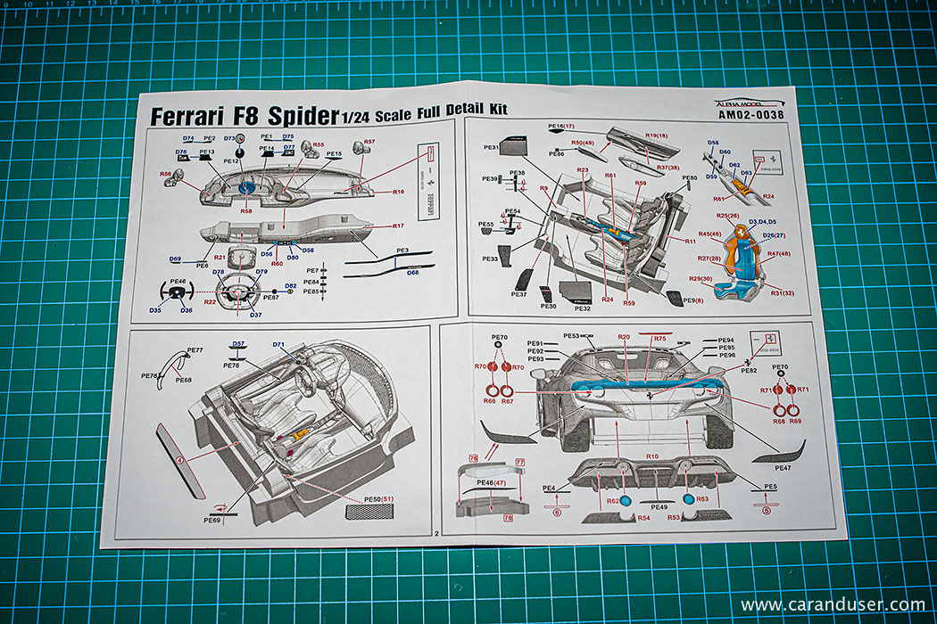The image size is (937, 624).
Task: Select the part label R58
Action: coord(246,211)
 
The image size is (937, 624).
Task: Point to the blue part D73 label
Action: coord(229,138)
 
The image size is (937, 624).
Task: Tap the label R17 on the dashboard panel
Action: coord(398,226)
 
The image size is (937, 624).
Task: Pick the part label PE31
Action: coord(491,147)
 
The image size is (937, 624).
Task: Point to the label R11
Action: coord(691,242)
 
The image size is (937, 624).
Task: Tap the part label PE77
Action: coord(196,350)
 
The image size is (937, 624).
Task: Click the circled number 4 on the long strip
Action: coord(180,460)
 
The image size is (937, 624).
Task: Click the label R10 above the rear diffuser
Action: coord(652,456)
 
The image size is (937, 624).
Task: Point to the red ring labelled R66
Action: coord(490,391)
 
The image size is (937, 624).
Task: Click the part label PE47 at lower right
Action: coord(783,468)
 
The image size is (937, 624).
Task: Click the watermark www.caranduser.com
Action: coord(832,604)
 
